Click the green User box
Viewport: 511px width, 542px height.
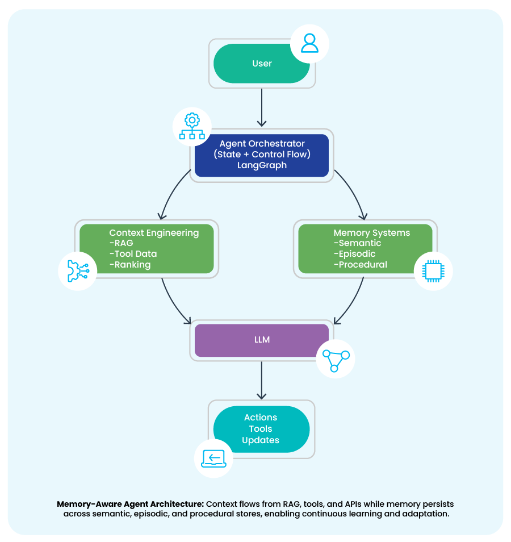point(262,64)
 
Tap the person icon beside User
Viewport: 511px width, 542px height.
point(309,43)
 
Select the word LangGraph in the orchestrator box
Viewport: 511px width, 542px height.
point(262,165)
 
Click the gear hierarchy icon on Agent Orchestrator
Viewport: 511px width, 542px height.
point(192,126)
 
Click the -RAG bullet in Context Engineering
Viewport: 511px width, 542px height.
point(121,243)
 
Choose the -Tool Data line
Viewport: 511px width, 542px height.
point(133,254)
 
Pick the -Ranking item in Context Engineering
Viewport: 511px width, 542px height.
point(130,265)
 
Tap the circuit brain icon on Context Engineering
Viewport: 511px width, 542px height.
point(78,271)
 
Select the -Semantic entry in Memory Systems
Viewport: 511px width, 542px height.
point(357,243)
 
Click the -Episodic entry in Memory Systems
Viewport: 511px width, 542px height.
point(354,254)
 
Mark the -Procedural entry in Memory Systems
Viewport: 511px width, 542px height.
point(361,265)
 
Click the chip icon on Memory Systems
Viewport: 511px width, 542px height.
point(434,271)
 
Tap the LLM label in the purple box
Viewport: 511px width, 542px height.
point(262,340)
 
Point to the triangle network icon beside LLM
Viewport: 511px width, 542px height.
point(336,360)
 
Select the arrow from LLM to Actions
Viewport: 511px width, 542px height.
point(262,380)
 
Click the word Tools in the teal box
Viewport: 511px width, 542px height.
point(261,429)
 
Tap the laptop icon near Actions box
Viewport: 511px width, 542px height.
point(213,458)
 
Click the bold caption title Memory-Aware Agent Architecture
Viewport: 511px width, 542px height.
point(130,504)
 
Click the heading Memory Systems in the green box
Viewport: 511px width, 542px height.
point(371,233)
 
